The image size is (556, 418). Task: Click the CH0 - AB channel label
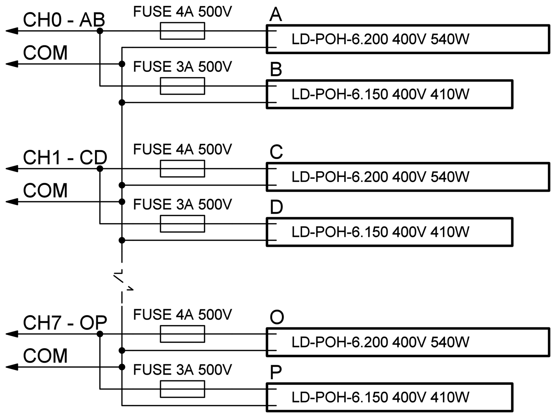tap(64, 20)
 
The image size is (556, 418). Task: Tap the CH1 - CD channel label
tap(65, 158)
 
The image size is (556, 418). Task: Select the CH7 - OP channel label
tap(65, 323)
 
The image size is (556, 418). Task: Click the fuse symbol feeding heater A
tap(182, 31)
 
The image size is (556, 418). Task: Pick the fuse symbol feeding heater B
tap(182, 86)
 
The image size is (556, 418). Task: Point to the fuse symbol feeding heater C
tap(182, 168)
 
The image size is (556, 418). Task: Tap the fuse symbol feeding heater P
tap(182, 389)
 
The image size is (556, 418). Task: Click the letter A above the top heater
tap(275, 15)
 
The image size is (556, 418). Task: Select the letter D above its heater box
tap(276, 207)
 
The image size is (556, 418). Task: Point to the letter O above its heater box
tap(277, 317)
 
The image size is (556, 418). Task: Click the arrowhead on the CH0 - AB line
tap(12, 31)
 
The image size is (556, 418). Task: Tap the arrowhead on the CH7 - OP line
tap(12, 334)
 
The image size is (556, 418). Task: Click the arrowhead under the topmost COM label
tap(12, 64)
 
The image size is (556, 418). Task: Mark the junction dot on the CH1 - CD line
tap(100, 168)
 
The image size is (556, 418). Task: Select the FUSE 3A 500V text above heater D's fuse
tap(182, 205)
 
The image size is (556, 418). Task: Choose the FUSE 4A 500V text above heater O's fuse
tap(182, 315)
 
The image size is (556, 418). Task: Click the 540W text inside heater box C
tap(450, 177)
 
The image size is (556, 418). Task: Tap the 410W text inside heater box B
tap(450, 94)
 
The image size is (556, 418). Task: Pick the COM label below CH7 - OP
tap(45, 356)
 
